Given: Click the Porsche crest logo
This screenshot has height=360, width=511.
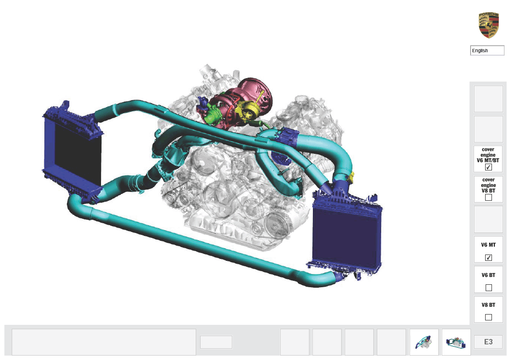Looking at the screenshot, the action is (x=489, y=25).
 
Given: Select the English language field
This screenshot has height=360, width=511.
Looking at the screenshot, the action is (x=487, y=50).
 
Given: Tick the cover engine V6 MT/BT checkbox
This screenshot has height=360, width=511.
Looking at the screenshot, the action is (x=488, y=167).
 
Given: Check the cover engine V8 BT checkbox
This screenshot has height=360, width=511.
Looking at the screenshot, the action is (x=488, y=197).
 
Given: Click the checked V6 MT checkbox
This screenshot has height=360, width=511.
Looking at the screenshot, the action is (x=488, y=257).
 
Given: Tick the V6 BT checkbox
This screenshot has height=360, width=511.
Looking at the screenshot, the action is (x=488, y=288).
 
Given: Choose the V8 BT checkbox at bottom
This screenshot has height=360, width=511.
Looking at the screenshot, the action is (x=488, y=317).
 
